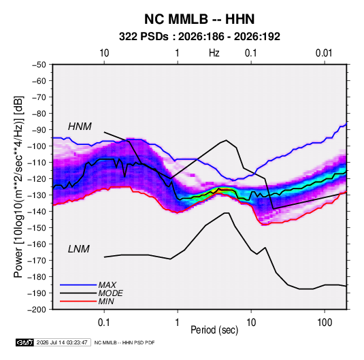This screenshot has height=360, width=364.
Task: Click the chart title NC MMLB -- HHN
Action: (x=199, y=19)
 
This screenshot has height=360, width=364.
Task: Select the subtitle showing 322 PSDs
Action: (x=199, y=37)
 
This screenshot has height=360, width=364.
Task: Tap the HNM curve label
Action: (x=80, y=127)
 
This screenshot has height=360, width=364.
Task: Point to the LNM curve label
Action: (x=79, y=249)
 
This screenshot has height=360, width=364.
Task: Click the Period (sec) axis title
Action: (x=214, y=330)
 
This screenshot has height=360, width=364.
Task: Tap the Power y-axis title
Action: (x=18, y=187)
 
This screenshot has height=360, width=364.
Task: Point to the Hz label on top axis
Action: (x=214, y=53)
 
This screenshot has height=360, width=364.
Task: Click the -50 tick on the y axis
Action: (x=39, y=65)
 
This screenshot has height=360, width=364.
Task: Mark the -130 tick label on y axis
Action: (x=37, y=195)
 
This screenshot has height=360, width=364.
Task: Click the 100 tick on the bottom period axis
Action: (x=325, y=323)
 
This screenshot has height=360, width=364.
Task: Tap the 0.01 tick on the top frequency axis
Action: (x=324, y=53)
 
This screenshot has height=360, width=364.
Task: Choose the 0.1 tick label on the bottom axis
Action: (x=104, y=323)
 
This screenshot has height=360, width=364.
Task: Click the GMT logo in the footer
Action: (x=25, y=342)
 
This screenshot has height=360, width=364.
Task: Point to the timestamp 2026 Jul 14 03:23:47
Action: (x=62, y=342)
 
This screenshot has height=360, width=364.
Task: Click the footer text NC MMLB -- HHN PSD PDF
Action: (x=125, y=342)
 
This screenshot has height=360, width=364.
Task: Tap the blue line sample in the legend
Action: (x=78, y=284)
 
